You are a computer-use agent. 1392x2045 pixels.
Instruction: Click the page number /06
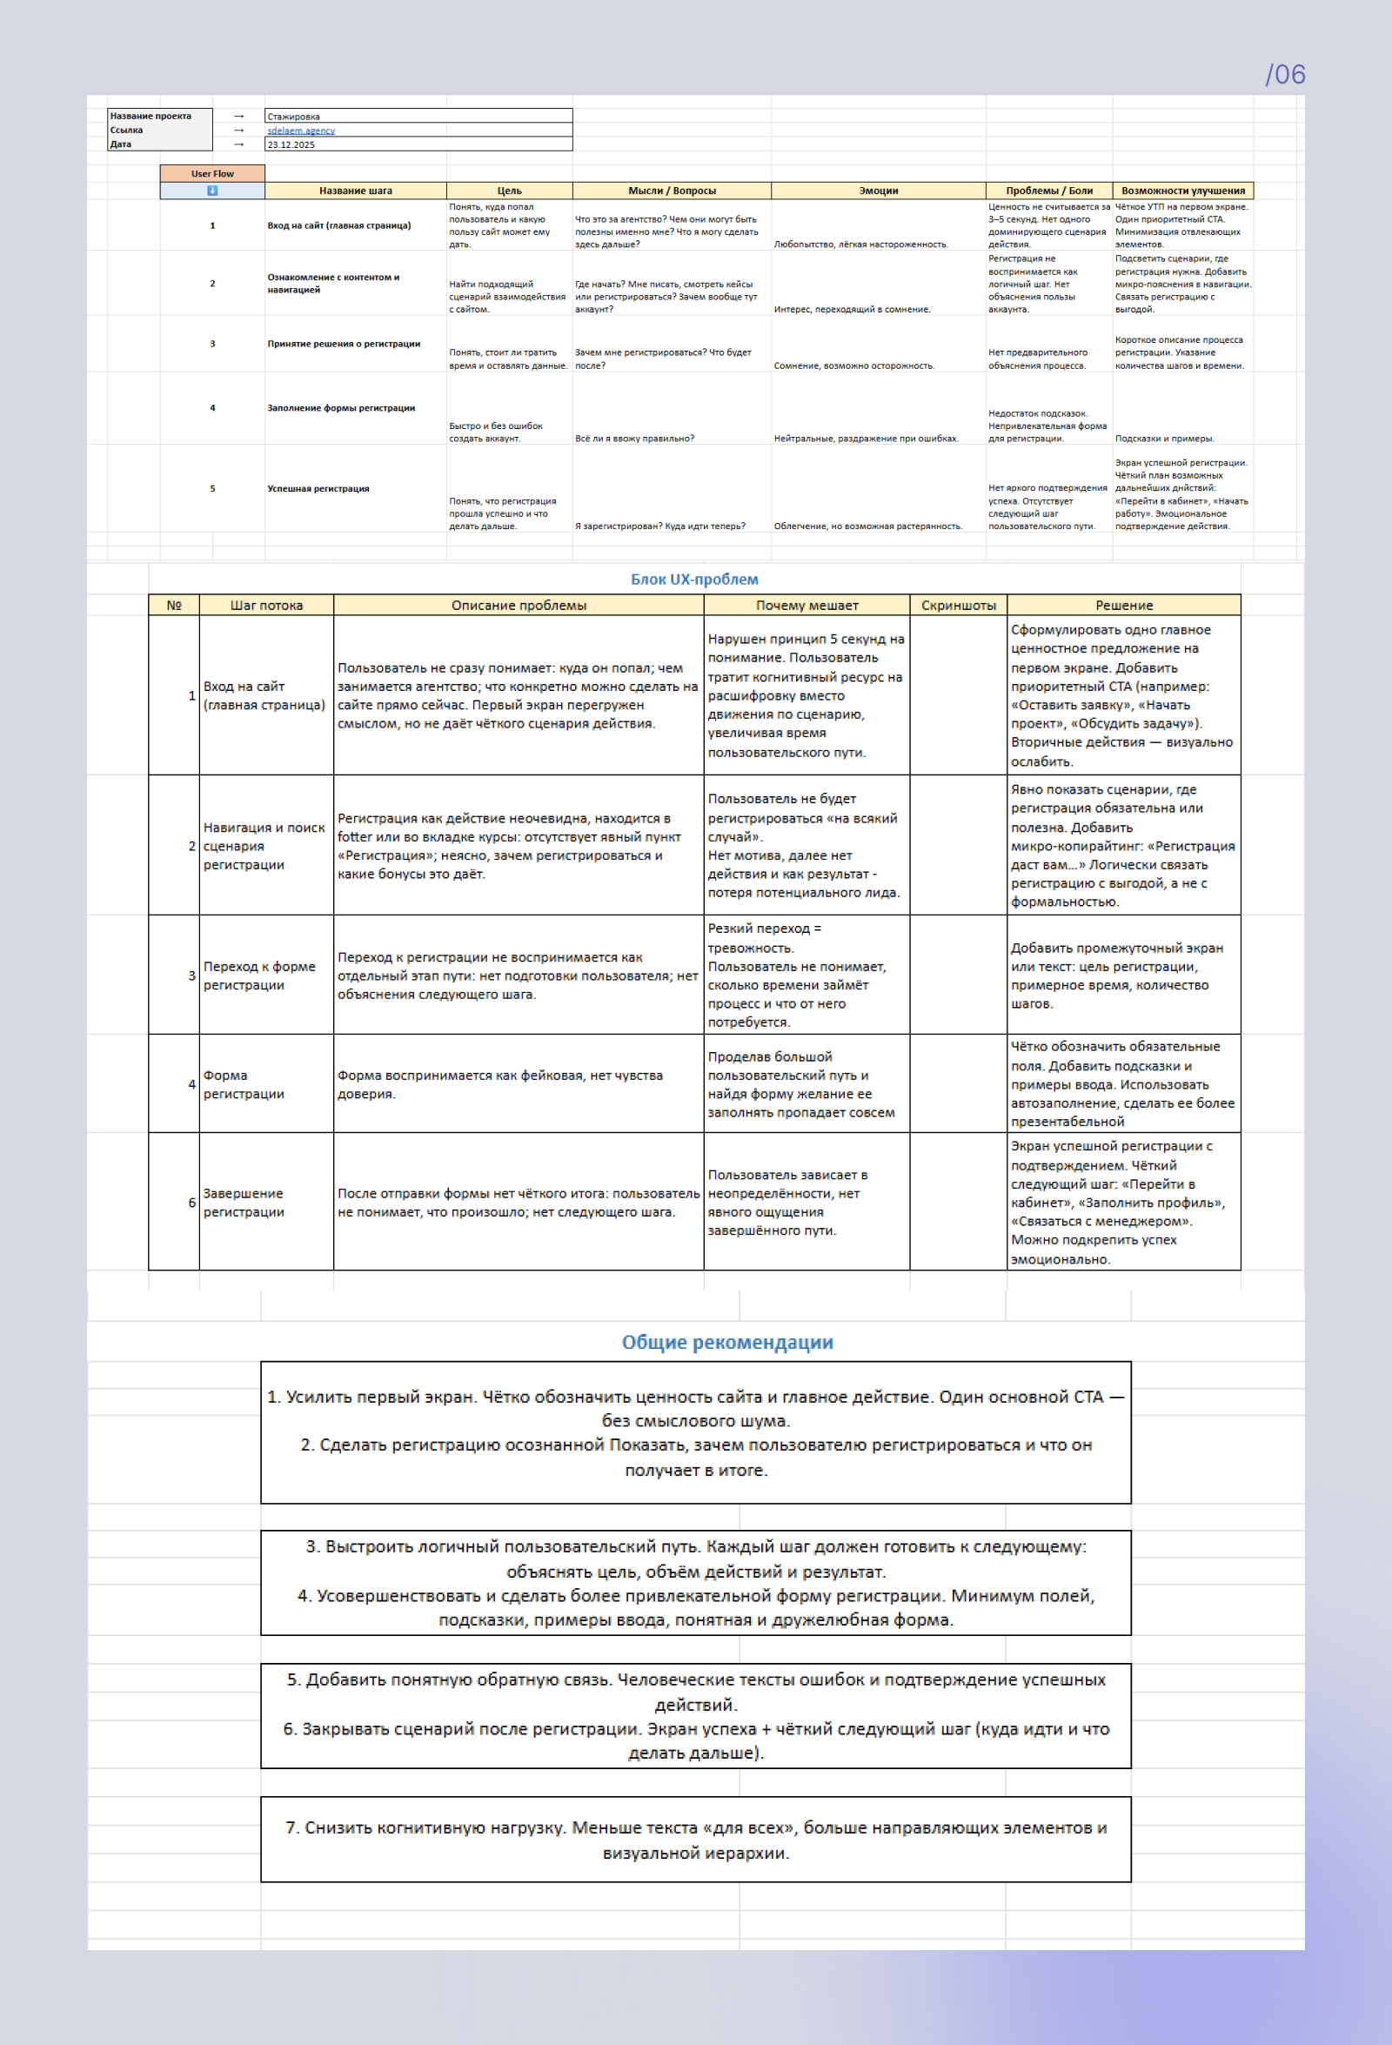point(1285,75)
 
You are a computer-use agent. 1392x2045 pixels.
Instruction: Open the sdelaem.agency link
point(301,131)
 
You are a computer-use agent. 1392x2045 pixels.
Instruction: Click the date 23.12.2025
point(291,144)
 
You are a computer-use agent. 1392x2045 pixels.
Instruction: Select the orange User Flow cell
point(212,173)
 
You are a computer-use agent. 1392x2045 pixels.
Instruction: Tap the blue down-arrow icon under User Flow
point(212,190)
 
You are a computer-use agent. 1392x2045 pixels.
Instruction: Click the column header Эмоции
point(878,190)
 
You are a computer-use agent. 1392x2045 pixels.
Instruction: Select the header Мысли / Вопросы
point(672,190)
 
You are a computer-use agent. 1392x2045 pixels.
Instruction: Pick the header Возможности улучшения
point(1182,190)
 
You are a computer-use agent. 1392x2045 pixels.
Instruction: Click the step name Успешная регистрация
point(318,488)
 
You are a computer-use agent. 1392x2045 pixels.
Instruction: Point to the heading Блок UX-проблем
point(694,579)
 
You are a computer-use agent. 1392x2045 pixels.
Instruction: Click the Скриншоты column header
point(958,606)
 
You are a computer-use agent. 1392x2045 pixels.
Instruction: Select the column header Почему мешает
point(806,606)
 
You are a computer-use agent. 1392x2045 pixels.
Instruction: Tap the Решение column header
point(1124,606)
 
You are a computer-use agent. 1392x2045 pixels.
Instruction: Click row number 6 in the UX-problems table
point(191,1202)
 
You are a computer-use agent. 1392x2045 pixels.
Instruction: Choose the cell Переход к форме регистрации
point(259,975)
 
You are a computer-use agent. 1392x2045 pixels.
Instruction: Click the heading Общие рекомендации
point(726,1342)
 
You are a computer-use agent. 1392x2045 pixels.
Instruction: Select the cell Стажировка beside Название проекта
point(294,116)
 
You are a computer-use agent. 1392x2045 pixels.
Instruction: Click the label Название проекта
point(151,116)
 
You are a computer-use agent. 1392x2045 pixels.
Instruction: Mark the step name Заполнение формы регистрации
point(341,408)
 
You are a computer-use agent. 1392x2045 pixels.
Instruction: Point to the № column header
point(174,606)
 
